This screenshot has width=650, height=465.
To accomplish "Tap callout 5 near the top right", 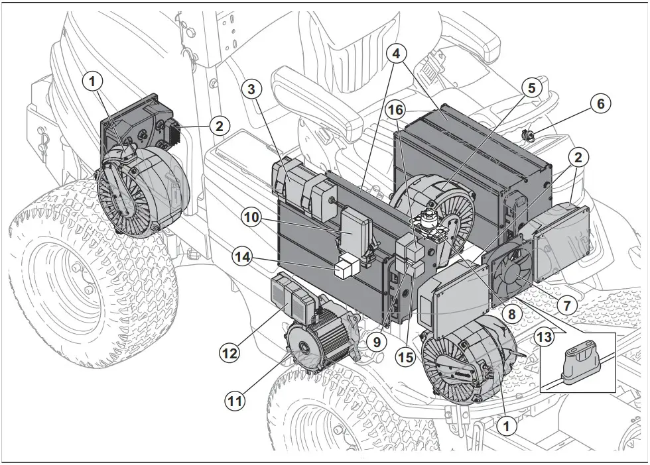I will [530, 87].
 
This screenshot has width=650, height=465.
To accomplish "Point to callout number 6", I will [600, 104].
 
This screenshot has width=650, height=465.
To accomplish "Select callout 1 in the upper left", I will [94, 81].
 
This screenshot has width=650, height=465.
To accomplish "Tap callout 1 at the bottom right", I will [507, 427].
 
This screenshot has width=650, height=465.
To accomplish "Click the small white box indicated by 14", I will [346, 268].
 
